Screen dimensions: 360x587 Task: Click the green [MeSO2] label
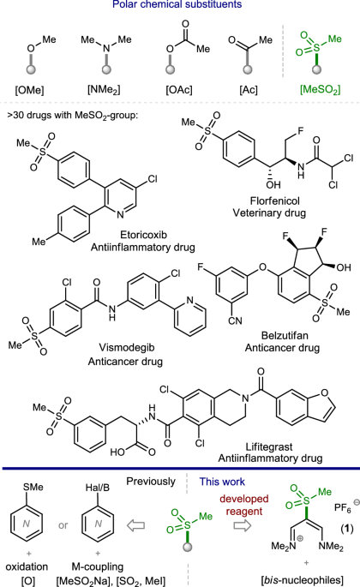coord(321,90)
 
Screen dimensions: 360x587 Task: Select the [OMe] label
coord(29,90)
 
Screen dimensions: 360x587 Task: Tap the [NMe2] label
coord(104,90)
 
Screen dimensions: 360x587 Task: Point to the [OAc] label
coord(179,90)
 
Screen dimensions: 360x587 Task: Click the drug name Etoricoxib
coord(143,235)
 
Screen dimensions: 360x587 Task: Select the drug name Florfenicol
coord(275,201)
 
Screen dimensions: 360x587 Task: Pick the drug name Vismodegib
coord(127,347)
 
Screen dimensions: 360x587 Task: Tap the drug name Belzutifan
coord(285,335)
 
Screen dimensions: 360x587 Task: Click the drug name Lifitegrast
coord(269,446)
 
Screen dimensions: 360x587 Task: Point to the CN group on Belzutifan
coord(235,320)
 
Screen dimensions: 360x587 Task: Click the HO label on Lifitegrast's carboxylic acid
coord(117,452)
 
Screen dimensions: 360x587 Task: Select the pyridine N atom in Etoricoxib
coord(120,214)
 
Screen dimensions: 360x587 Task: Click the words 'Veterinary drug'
coord(269,213)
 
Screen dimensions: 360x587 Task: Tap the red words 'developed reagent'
coord(244,505)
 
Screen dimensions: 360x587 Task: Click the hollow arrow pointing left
coord(135,525)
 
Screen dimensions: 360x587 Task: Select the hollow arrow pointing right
coord(243,525)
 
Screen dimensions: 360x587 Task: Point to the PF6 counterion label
coord(343,508)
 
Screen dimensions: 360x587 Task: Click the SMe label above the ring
coord(33,487)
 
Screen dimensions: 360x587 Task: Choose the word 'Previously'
coord(151,482)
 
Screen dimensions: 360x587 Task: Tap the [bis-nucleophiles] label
coord(302,580)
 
